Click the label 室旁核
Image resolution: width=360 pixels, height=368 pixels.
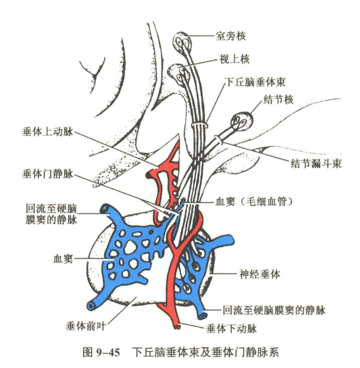pos(231,36)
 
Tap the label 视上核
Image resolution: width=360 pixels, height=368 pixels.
pos(234,59)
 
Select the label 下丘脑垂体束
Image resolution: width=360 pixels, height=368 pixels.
pos(256,83)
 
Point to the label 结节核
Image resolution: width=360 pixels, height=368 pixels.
pos(278,100)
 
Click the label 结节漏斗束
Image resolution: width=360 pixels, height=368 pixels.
pos(316,163)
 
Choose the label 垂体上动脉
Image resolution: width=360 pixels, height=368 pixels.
pos(47,132)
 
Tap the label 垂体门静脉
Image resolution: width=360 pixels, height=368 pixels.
pos(47,174)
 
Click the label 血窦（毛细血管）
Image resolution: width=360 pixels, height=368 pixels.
pos(254,202)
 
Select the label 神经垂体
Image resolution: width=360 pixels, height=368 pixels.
pos(260,274)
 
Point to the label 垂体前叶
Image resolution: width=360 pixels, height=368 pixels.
pos(86,326)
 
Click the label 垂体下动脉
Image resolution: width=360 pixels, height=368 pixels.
pos(231,329)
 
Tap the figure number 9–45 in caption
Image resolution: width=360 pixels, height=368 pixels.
pos(108,353)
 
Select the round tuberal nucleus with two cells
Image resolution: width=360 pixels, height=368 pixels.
pos(242,121)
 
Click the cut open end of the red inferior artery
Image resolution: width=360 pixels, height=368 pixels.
pos(177,327)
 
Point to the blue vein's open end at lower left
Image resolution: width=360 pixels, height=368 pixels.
pos(91,305)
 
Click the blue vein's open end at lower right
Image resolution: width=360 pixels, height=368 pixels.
pos(202,316)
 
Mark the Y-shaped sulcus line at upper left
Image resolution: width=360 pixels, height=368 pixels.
pos(93,73)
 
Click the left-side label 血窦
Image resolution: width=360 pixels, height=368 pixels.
pos(63,259)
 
